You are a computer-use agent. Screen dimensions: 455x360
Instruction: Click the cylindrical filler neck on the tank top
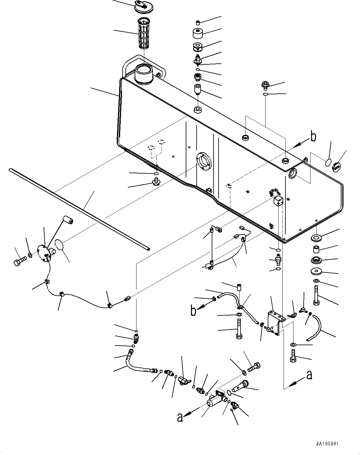[144, 74]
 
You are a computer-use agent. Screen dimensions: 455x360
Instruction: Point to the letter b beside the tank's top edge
[313, 137]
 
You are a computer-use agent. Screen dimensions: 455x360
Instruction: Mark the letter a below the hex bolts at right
[308, 375]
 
